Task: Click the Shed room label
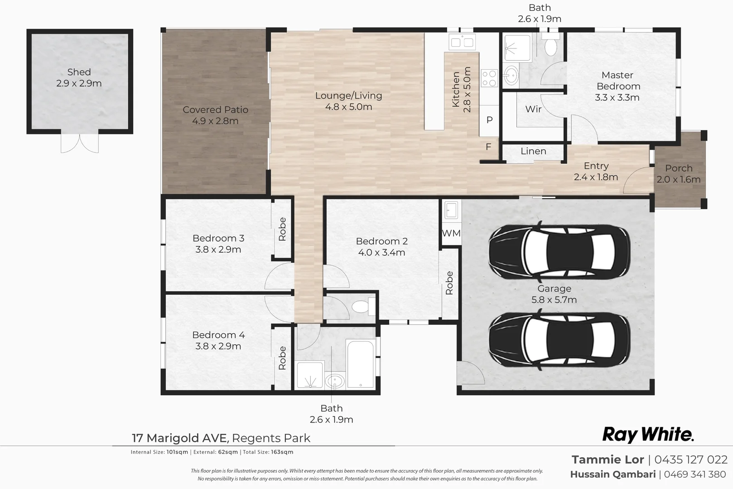point(79,72)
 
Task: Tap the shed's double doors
point(80,143)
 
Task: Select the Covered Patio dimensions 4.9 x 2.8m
point(215,121)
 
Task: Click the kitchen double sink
point(462,43)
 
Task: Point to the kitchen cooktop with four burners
point(489,78)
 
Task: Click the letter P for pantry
point(489,120)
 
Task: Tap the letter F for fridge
point(488,147)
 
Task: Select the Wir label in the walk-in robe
point(533,109)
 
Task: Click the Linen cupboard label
point(533,151)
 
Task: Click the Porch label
point(678,168)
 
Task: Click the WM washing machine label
point(451,233)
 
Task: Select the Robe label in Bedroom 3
point(282,229)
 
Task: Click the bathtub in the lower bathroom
point(361,364)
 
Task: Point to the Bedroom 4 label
point(218,335)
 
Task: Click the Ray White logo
point(647,435)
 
